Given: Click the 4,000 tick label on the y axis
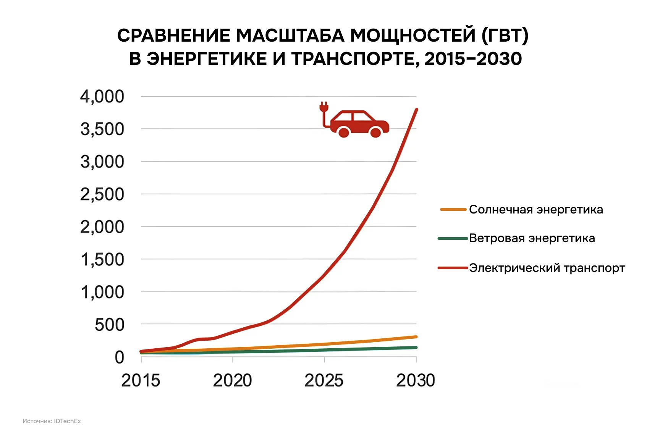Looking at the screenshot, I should (102, 97).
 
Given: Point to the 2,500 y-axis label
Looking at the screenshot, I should (102, 194).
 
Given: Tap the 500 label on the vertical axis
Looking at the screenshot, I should (109, 325).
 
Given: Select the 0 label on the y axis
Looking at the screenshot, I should (119, 357).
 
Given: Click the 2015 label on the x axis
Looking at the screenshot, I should (141, 380).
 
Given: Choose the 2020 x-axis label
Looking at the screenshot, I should (232, 380).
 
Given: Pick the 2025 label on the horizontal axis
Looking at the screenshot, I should (324, 380).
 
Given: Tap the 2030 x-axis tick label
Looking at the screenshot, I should (416, 380).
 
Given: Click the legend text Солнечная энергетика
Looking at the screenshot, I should (536, 209).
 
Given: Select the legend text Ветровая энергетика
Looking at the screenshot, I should (532, 238).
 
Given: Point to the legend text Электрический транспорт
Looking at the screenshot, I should (547, 268).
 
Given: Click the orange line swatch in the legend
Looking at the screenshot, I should (453, 209).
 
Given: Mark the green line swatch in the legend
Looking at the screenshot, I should (453, 238).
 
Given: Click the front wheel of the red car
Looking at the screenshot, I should (376, 132).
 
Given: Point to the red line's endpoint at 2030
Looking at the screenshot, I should (416, 110).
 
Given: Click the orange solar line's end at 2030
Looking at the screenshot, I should (416, 337).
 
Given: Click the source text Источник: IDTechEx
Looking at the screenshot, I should (52, 421).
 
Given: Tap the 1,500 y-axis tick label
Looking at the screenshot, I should (102, 260).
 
